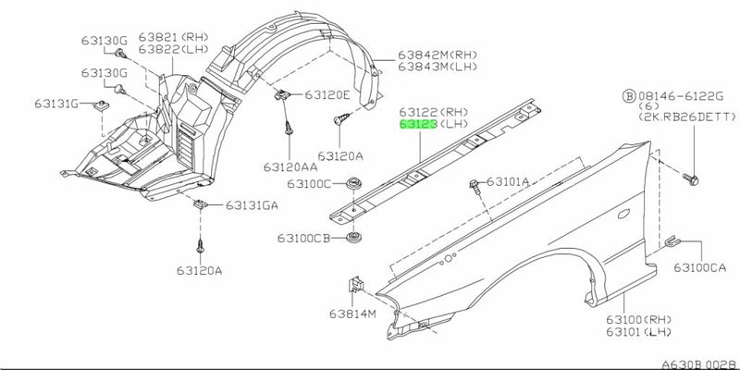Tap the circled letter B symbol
coord(629,96)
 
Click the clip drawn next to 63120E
coord(280,94)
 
